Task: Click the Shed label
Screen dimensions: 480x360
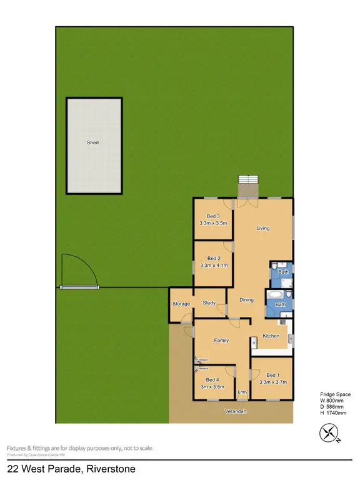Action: pos(92,143)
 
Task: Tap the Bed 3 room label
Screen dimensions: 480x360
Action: pos(213,216)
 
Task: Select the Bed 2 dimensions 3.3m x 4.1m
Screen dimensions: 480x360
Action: pos(214,266)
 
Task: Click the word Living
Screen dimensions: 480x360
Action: pos(263,228)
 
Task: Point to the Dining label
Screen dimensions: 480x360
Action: pos(247,300)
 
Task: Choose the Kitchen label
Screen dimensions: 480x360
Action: pos(271,336)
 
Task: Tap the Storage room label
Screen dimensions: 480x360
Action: pos(181,304)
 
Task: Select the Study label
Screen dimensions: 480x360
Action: pos(209,303)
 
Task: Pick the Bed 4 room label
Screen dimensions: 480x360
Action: pos(212,379)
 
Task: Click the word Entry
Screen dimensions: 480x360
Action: pos(242,392)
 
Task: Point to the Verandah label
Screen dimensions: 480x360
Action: pos(236,411)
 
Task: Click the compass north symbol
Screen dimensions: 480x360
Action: pos(329,433)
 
